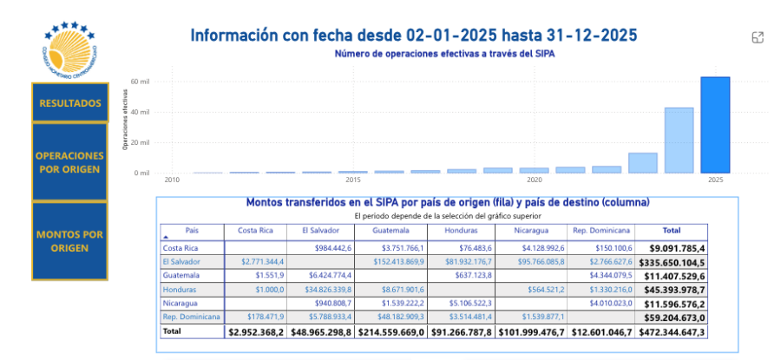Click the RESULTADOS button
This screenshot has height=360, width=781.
(x=69, y=103)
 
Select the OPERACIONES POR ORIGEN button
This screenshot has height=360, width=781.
(x=69, y=162)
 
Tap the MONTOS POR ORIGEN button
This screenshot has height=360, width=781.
(x=69, y=241)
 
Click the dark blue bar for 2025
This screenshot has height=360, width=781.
(x=715, y=124)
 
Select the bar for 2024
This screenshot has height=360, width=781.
(x=679, y=140)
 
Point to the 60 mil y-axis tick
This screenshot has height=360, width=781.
(x=141, y=82)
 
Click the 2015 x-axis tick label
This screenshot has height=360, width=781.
(x=353, y=180)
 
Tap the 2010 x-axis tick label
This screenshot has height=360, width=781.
(x=172, y=180)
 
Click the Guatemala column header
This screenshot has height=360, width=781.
(x=393, y=231)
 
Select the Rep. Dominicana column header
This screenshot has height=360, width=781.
(x=601, y=231)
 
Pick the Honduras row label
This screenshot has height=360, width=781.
(x=178, y=289)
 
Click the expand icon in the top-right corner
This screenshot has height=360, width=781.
(x=758, y=37)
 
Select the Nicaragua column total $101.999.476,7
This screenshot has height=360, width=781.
(x=530, y=331)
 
